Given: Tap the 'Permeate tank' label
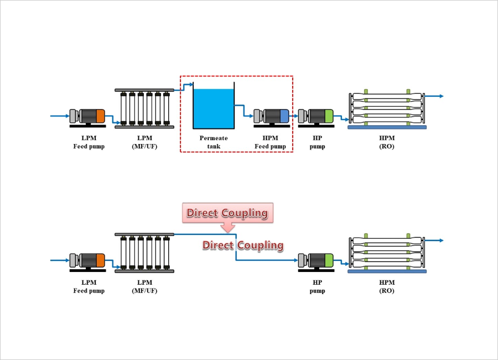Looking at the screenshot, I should pos(214,142).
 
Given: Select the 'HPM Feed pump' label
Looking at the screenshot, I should pos(270,142).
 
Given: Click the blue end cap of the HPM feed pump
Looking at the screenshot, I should pos(284,116).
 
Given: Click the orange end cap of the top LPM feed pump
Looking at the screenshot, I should pos(100,116).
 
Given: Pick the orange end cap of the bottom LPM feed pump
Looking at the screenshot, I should pos(100,260).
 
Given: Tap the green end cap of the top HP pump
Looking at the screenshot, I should pos(329,116).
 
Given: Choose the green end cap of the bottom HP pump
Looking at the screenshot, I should pos(329,260).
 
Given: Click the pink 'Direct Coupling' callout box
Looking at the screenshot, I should pos(227,213).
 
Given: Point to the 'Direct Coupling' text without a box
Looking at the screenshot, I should pos(243,245).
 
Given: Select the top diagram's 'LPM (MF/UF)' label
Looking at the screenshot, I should pos(144,142).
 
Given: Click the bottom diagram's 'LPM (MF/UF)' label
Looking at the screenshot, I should pos(144,286).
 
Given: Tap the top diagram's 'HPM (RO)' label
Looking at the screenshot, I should pos(387,142).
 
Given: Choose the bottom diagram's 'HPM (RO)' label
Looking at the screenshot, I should pos(387,286).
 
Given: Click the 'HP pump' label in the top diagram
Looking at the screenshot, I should pos(317,142).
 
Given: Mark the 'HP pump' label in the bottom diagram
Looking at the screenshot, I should pos(317,286).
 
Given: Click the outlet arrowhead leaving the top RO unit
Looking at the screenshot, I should pos(441,96).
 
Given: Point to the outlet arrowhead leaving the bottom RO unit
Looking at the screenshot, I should pos(441,240).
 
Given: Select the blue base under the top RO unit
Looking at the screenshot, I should pos(387,127).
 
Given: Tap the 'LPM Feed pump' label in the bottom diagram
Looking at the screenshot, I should pos(89,286).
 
